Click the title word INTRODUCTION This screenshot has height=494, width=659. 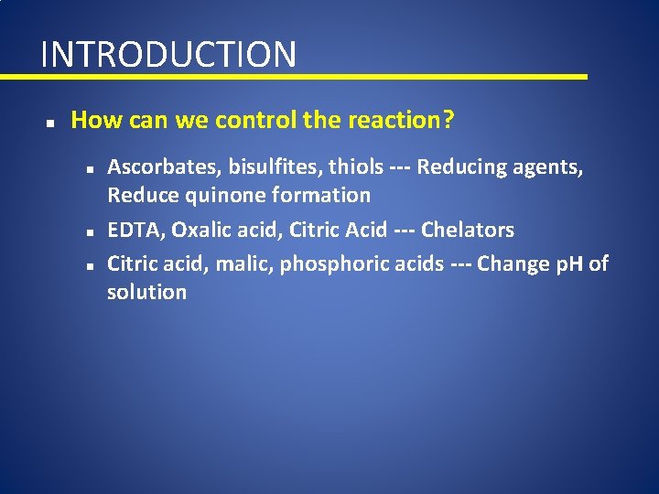[x=168, y=54]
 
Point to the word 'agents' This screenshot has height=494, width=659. [x=553, y=168]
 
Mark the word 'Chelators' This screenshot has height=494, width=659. [x=468, y=230]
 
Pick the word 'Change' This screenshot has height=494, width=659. [x=514, y=265]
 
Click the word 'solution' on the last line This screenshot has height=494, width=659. [x=146, y=293]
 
